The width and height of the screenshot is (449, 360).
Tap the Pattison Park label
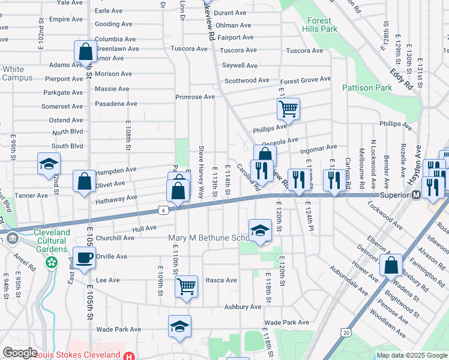click(x=367, y=88)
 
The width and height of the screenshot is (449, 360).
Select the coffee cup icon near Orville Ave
click(x=84, y=258)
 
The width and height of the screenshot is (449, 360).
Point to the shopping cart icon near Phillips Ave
click(x=288, y=109)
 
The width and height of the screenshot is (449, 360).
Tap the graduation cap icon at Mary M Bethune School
click(x=259, y=230)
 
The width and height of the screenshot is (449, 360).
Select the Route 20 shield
click(x=345, y=332)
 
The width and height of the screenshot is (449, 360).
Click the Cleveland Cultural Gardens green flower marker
click(x=52, y=262)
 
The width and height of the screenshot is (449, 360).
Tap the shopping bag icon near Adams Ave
click(x=86, y=52)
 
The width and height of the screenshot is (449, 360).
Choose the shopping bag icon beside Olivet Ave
click(x=84, y=181)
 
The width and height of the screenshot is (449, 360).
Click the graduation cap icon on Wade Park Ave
click(x=179, y=326)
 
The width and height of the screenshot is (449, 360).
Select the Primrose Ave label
click(x=194, y=97)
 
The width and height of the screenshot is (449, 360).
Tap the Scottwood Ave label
click(x=247, y=80)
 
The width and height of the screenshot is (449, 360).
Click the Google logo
click(x=20, y=353)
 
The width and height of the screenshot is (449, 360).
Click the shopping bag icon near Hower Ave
click(x=391, y=265)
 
